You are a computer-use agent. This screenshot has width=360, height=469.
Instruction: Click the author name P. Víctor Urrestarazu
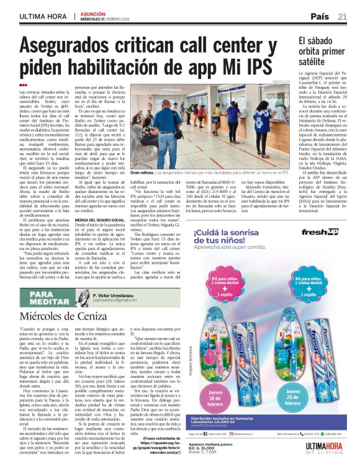click(x=120, y=295)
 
